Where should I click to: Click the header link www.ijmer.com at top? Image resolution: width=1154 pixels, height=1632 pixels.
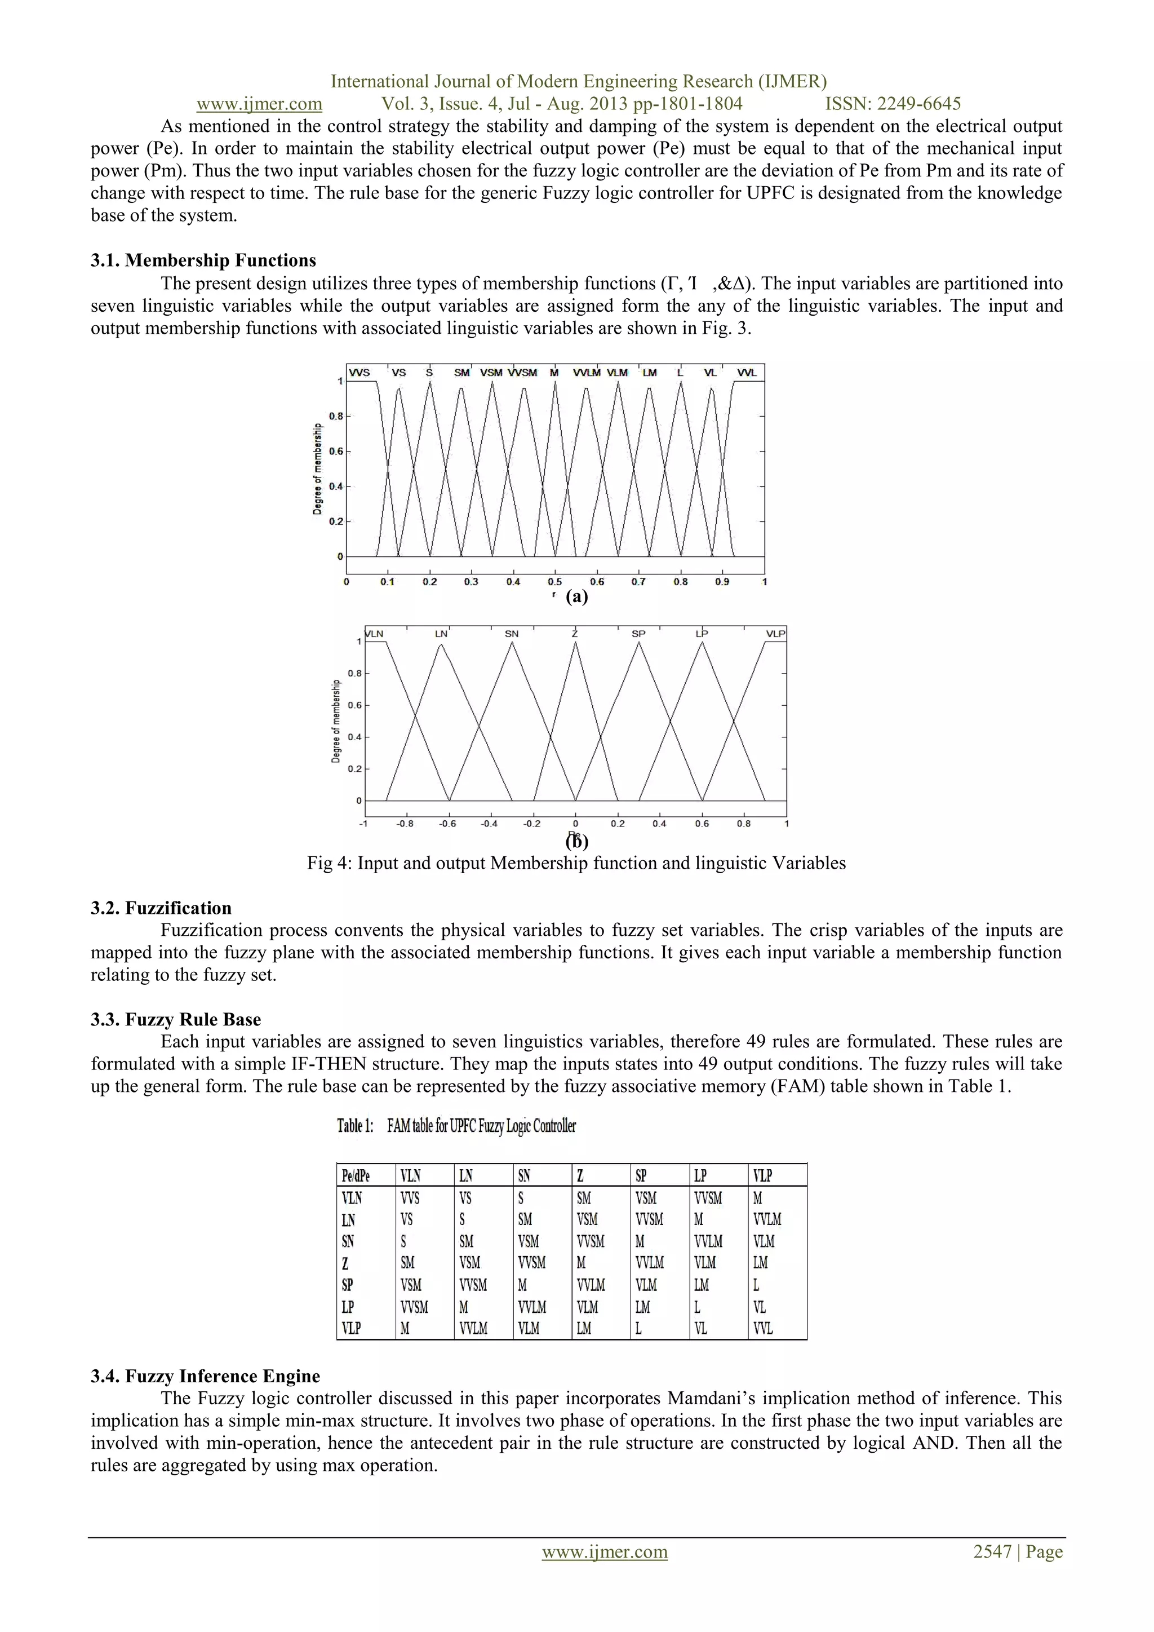(259, 104)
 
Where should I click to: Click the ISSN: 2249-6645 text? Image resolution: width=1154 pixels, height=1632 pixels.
(893, 104)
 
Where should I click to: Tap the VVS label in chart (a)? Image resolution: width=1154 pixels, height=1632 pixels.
(359, 373)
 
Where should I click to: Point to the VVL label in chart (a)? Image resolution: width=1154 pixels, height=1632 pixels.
(746, 373)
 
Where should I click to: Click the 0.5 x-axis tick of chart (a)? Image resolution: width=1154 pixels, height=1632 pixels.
(554, 581)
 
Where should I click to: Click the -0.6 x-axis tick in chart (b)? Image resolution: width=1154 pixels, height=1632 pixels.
(447, 824)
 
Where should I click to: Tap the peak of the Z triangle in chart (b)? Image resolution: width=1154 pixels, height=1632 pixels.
(575, 643)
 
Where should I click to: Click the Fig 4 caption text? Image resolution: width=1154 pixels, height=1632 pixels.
(576, 863)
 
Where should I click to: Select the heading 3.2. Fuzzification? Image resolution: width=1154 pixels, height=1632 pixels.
(161, 908)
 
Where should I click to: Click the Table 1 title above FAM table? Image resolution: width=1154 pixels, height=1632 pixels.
(456, 1125)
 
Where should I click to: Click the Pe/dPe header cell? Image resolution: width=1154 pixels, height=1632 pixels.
(356, 1176)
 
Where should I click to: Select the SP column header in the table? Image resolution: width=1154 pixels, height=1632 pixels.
(641, 1176)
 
